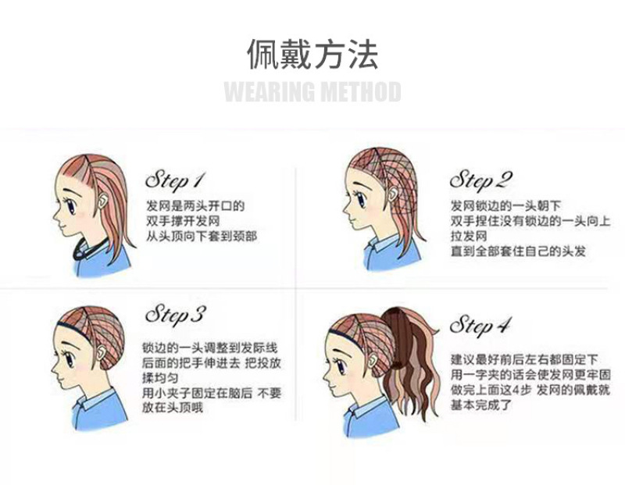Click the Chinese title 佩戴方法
pyautogui.click(x=312, y=54)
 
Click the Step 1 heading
pyautogui.click(x=175, y=180)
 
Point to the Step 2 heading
pyautogui.click(x=480, y=180)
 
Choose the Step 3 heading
pyautogui.click(x=175, y=315)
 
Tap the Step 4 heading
pyautogui.click(x=480, y=325)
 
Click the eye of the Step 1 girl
pyautogui.click(x=72, y=207)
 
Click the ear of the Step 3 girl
pyautogui.click(x=102, y=354)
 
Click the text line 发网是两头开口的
pyautogui.click(x=195, y=206)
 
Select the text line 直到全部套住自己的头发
pyautogui.click(x=518, y=251)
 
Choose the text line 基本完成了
pyautogui.click(x=481, y=405)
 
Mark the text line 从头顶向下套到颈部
pyautogui.click(x=202, y=237)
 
